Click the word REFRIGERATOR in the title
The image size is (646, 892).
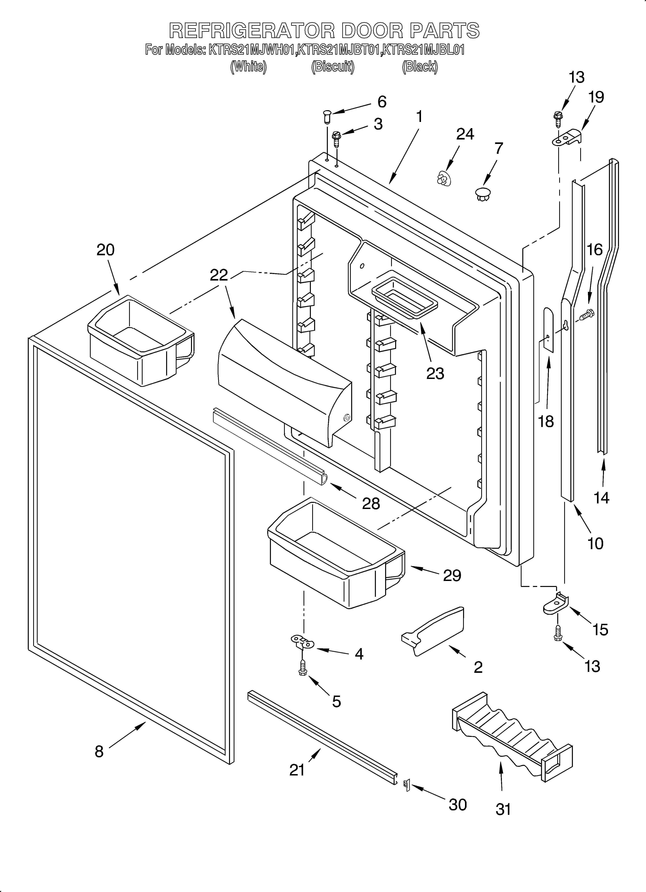tap(252, 31)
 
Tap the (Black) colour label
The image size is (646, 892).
tap(419, 67)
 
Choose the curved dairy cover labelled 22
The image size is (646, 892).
tap(283, 381)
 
